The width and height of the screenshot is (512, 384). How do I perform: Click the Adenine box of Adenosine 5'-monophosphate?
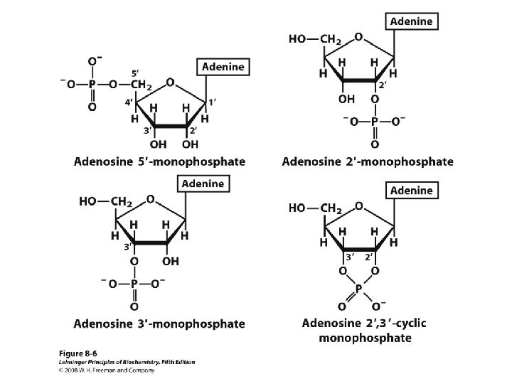224,67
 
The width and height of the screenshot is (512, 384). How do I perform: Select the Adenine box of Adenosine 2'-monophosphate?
412,21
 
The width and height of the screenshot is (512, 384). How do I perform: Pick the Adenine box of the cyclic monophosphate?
412,191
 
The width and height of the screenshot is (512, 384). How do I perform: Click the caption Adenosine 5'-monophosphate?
159,161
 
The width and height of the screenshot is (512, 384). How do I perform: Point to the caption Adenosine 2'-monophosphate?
367,161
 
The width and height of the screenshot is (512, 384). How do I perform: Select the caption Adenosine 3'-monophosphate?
159,324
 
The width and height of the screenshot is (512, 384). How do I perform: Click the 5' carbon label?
135,73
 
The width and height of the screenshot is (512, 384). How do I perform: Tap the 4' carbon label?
130,103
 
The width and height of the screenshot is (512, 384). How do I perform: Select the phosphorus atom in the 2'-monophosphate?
376,120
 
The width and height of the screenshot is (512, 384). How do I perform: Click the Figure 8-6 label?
75,353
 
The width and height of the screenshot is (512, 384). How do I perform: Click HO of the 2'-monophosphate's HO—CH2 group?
298,39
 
